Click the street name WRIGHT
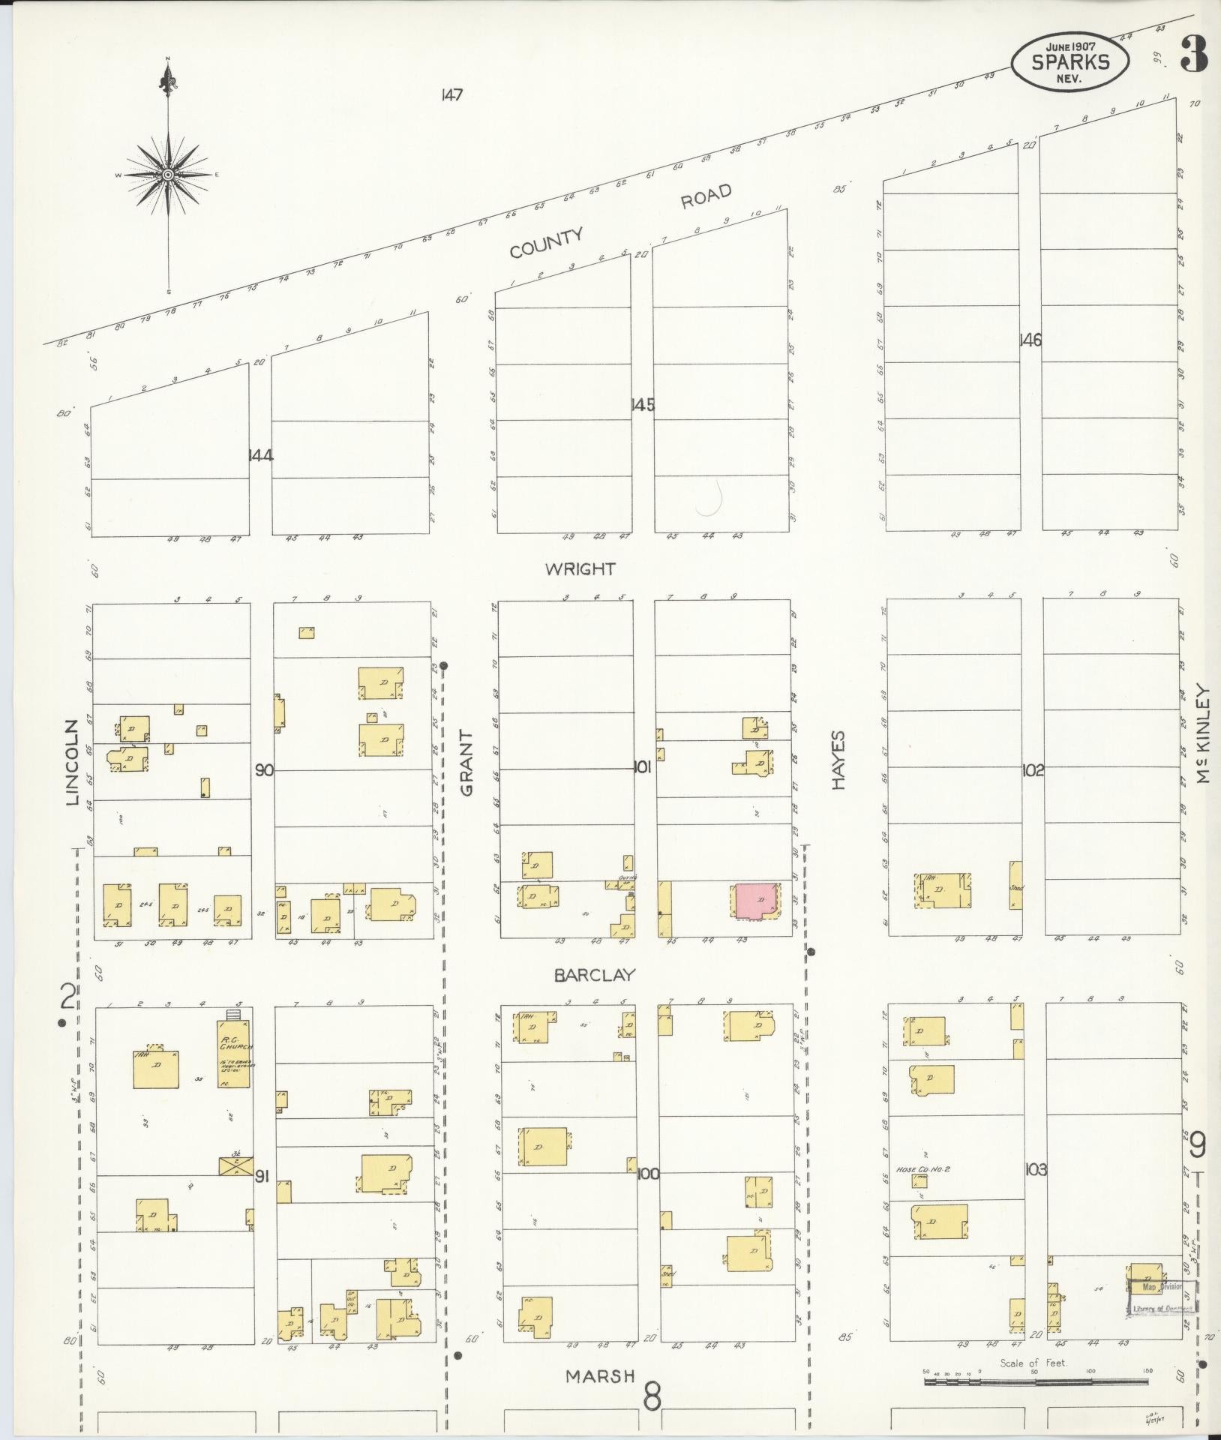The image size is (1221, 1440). click(580, 569)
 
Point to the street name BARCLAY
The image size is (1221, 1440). click(595, 976)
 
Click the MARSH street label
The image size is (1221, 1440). click(600, 1376)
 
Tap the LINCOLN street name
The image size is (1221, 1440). click(73, 763)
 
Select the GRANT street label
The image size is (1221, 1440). click(466, 763)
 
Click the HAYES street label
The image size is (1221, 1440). click(838, 760)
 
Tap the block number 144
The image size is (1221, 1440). click(260, 454)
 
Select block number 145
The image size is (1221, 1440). click(642, 405)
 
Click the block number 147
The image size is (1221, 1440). click(451, 95)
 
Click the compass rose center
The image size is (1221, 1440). click(168, 174)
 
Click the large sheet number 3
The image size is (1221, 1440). click(1192, 54)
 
